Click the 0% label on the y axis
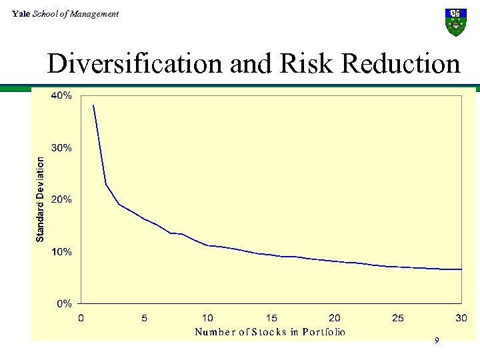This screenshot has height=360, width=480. click(x=65, y=304)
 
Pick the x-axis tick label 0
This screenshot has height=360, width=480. click(x=81, y=318)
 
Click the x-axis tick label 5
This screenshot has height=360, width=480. click(x=145, y=318)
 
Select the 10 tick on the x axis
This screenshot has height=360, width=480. click(x=208, y=318)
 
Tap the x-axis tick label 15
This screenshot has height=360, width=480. click(x=271, y=318)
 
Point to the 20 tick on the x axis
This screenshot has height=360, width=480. click(x=335, y=318)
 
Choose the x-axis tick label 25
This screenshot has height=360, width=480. click(x=398, y=318)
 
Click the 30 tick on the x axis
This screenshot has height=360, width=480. click(x=461, y=318)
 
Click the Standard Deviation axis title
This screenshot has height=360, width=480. click(x=40, y=199)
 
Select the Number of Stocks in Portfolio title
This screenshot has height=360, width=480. click(x=269, y=331)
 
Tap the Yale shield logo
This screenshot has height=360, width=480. click(x=455, y=22)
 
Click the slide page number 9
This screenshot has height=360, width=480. click(x=437, y=341)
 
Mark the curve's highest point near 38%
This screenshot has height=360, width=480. click(x=93, y=105)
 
